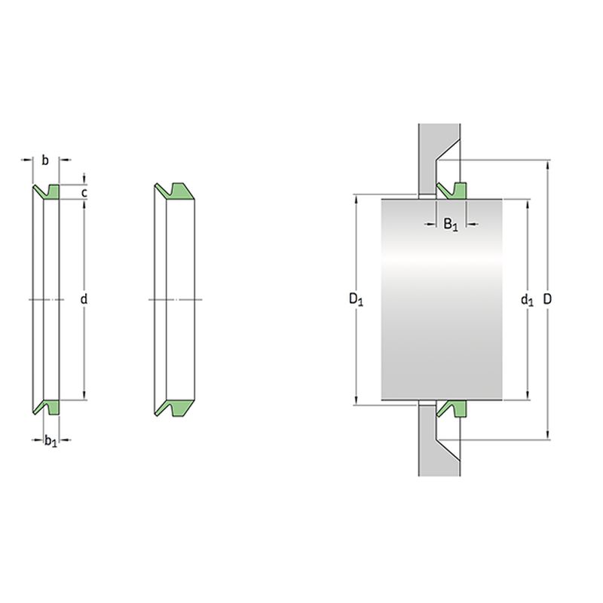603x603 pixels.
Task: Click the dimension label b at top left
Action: (45, 161)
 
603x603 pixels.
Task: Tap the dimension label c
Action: (84, 192)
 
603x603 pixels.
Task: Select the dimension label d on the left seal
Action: (84, 298)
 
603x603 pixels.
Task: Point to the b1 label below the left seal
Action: (51, 441)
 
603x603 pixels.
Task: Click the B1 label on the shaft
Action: (451, 224)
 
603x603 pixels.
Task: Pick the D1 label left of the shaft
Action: (356, 298)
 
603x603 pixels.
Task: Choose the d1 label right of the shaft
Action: (527, 299)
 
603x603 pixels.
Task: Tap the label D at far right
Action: (547, 298)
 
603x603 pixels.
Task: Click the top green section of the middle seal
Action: (175, 191)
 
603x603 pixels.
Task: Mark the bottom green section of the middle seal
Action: (175, 408)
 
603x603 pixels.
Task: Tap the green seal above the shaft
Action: (451, 191)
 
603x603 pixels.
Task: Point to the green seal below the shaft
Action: (451, 409)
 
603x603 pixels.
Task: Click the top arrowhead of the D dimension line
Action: (548, 164)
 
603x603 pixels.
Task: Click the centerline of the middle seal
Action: (176, 299)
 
